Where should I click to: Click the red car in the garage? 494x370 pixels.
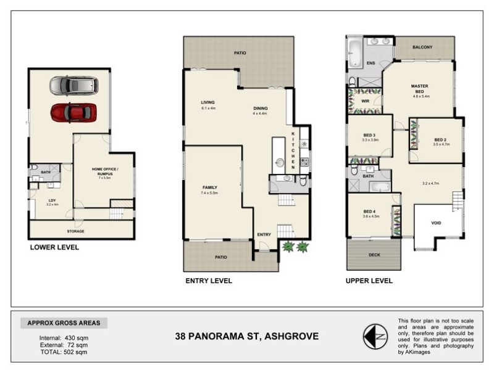point(73,113)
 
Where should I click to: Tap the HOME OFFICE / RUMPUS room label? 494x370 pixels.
point(104,171)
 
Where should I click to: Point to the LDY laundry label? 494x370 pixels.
point(52,200)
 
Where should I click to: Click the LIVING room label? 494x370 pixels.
point(207,102)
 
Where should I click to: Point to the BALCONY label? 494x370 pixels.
point(423,47)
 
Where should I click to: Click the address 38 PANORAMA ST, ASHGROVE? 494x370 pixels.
point(247,336)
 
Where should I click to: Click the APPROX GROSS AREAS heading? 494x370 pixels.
point(64,323)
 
